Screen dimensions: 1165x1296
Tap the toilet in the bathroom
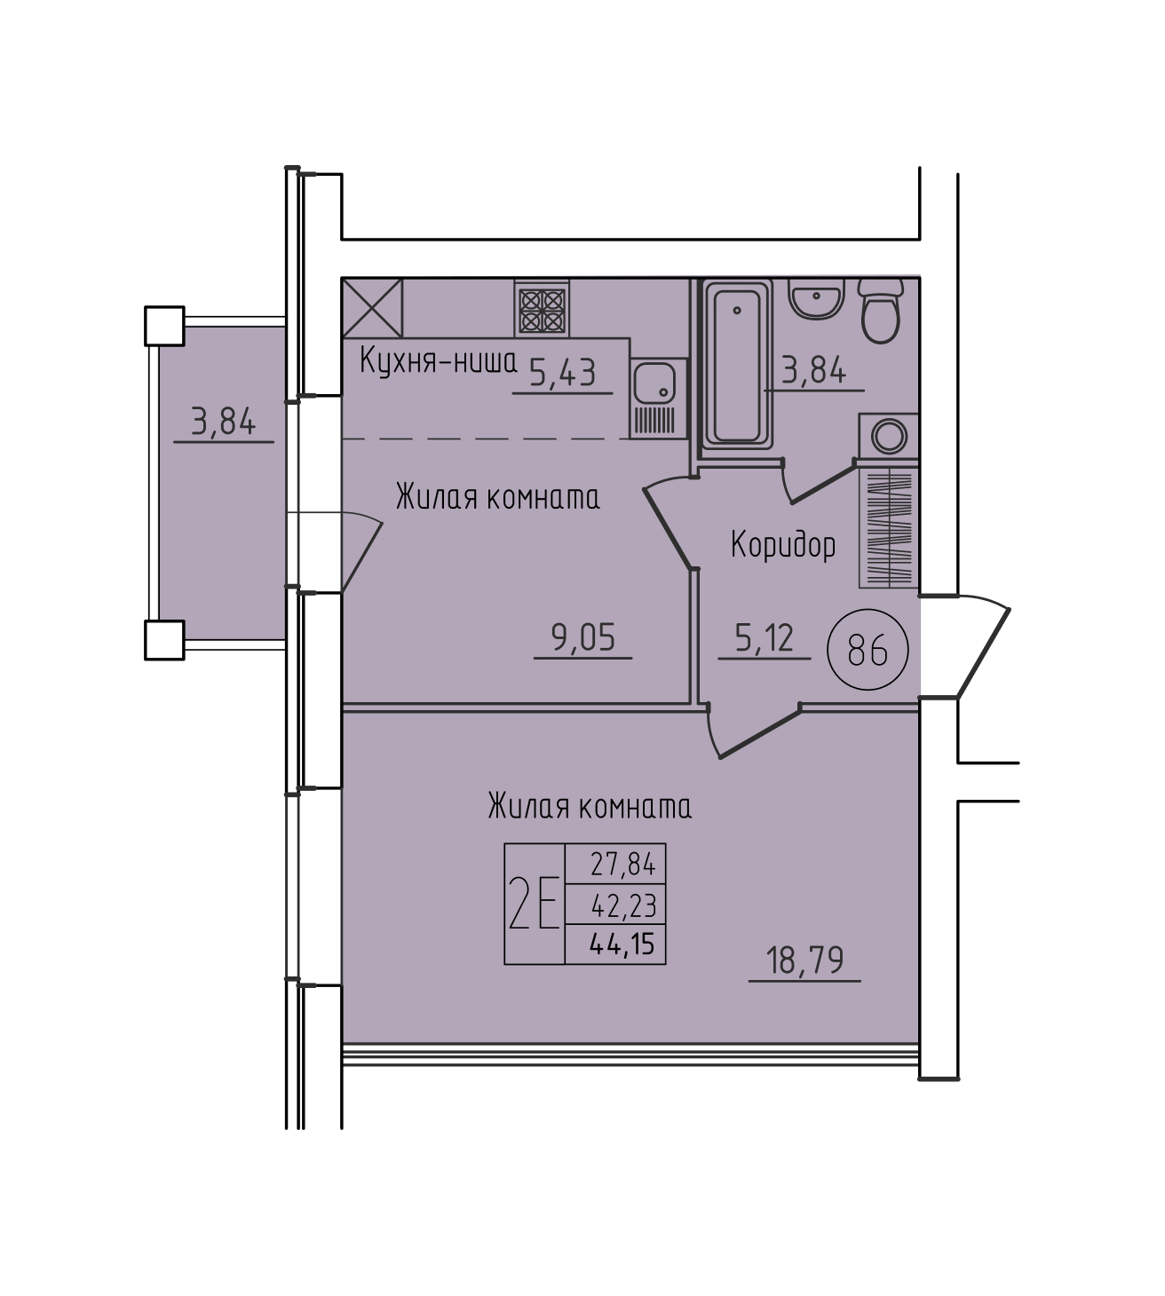881,311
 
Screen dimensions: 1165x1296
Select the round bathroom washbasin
816,298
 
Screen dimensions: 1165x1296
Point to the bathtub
737,366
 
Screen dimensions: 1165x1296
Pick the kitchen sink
659,398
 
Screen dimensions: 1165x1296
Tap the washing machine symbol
889,436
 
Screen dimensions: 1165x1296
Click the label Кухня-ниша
438,362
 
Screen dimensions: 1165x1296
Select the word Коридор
783,547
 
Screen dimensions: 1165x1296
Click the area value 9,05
583,637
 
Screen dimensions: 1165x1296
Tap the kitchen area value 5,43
563,373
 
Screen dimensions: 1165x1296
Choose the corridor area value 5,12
765,637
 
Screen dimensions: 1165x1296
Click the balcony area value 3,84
224,423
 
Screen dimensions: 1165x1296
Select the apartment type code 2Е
534,904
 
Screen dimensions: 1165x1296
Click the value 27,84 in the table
622,865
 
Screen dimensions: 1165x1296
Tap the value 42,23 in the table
624,905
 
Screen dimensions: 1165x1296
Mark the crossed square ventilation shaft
372,308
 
